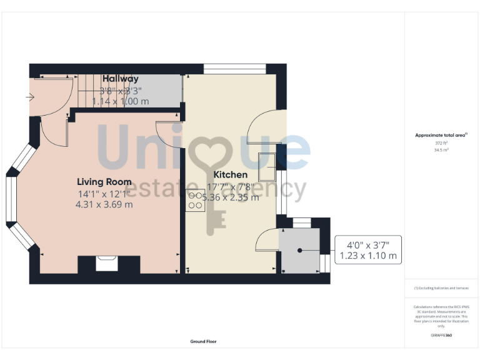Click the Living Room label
click(104, 182)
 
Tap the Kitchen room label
click(231, 174)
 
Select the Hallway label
click(121, 79)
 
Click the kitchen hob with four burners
click(195, 199)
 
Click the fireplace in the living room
click(107, 264)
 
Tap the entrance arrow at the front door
click(30, 97)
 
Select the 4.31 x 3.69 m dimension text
click(104, 204)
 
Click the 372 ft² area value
click(441, 143)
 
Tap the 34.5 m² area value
click(441, 150)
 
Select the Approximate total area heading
click(441, 135)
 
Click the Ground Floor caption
click(204, 341)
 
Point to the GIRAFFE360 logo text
click(441, 336)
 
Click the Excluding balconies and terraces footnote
click(441, 288)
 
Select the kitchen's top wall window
click(235, 69)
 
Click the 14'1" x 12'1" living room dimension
click(104, 193)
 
